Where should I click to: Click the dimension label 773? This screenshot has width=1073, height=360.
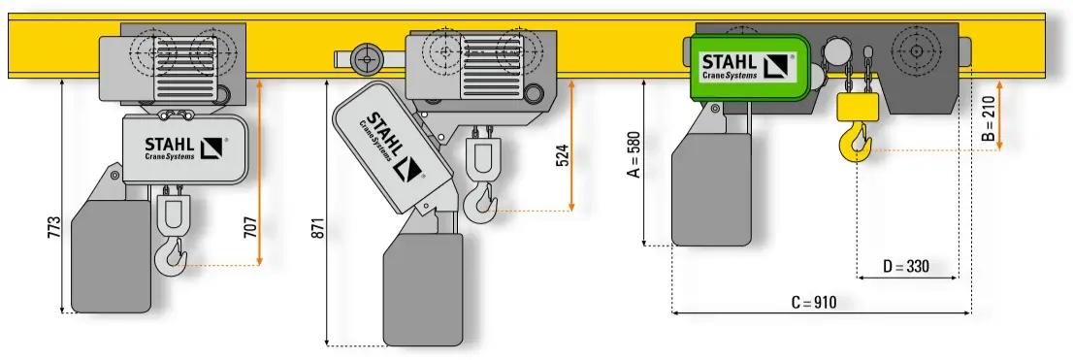point(54,228)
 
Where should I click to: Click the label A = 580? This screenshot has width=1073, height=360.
point(634,154)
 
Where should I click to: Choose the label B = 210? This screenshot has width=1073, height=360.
point(988,118)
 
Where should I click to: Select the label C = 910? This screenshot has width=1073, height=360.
point(814,302)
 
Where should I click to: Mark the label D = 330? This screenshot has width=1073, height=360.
point(905,266)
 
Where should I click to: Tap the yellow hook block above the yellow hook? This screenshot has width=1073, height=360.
point(857,107)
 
